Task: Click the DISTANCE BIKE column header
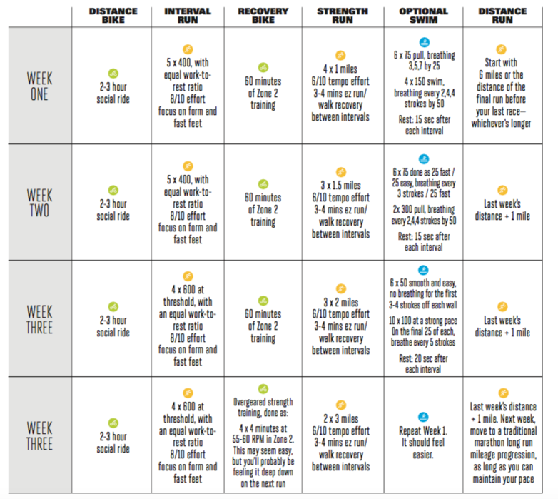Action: [113, 16]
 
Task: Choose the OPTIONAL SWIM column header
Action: [424, 16]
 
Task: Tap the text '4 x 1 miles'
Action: [340, 69]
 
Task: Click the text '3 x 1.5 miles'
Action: [340, 186]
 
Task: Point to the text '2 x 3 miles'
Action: [340, 419]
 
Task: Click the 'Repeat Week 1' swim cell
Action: [424, 437]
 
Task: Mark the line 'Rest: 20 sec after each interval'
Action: [424, 364]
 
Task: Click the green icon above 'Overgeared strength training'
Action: [263, 389]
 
